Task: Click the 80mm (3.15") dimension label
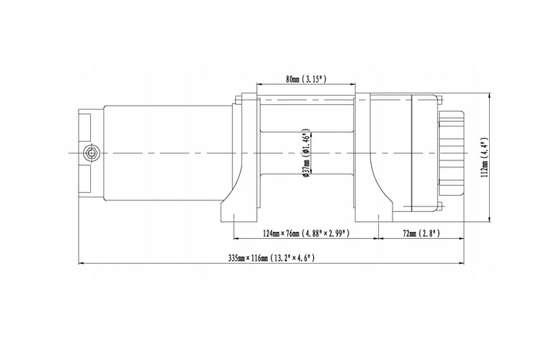pyautogui.click(x=305, y=79)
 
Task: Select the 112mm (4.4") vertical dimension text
pyautogui.click(x=484, y=157)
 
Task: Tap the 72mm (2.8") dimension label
pyautogui.click(x=421, y=234)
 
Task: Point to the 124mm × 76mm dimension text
pyautogui.click(x=306, y=234)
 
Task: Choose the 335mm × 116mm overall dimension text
pyautogui.click(x=272, y=257)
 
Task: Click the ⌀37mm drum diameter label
pyautogui.click(x=306, y=153)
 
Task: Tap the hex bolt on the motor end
pyautogui.click(x=92, y=153)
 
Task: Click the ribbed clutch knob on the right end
pyautogui.click(x=451, y=153)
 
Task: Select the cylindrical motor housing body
pyautogui.click(x=168, y=153)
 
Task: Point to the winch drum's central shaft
pyautogui.click(x=307, y=153)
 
